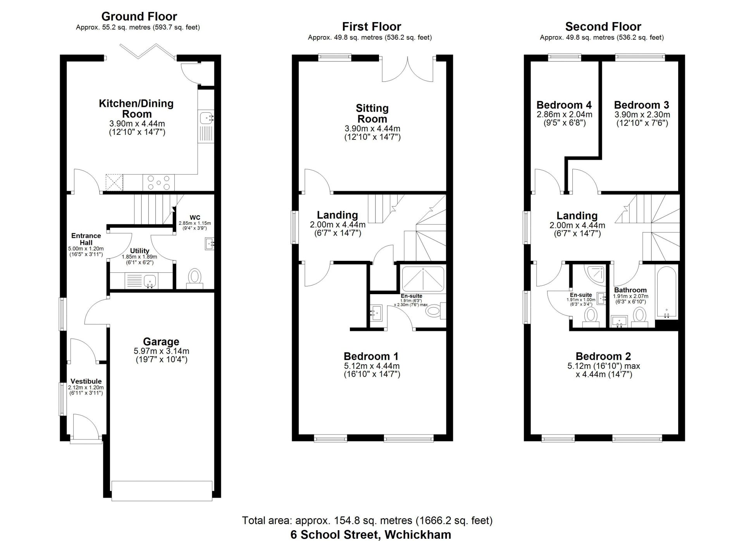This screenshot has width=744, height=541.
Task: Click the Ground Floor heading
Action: coord(139,16)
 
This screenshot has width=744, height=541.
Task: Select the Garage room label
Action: coord(161,341)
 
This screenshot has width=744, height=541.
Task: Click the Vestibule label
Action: coord(86,381)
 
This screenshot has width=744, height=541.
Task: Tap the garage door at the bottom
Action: coord(162,491)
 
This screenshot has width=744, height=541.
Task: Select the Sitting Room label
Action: coord(372,113)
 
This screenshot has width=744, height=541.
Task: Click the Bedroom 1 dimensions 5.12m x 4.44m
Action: coord(372,366)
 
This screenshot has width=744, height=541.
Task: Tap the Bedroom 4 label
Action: coord(564,105)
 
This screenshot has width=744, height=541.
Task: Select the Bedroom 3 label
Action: coord(641,105)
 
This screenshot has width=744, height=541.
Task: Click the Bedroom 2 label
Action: coord(603,356)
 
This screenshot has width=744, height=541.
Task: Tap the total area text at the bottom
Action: coord(367,520)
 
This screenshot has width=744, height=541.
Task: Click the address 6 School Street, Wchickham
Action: coord(370,534)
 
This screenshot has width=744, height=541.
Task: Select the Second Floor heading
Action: coord(603,26)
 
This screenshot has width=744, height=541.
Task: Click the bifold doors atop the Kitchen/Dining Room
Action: coord(148,52)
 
